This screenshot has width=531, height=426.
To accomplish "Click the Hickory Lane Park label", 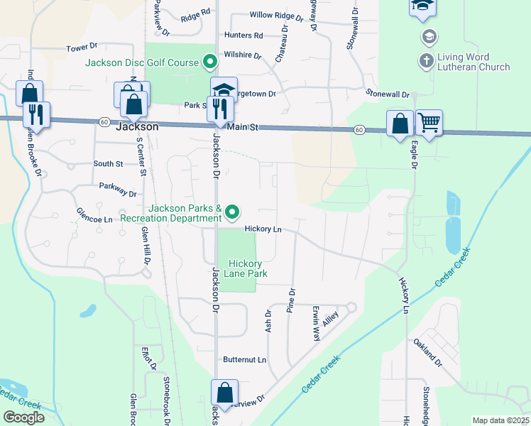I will (236, 267).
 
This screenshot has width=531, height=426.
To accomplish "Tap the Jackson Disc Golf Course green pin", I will (209, 62).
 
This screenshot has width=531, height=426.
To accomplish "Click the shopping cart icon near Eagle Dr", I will (429, 122).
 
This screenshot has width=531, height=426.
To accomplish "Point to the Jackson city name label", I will (136, 127).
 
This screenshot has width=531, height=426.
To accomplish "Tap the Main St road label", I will (243, 127).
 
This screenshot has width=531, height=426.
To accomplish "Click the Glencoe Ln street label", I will (94, 219).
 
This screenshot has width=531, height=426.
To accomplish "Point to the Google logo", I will (23, 417).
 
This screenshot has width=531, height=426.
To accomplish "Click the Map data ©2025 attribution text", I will (500, 420).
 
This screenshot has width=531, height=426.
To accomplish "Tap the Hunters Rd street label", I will (243, 35).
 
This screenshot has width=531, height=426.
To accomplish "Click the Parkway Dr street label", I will (118, 192).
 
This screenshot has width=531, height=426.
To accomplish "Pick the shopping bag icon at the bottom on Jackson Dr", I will (224, 392).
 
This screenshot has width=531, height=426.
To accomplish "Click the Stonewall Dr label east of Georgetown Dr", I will (388, 94).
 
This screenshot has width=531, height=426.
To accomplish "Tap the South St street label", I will (108, 164).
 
